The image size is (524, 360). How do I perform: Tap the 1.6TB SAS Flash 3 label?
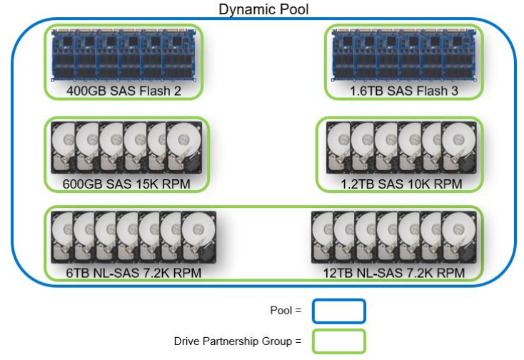[x=404, y=91]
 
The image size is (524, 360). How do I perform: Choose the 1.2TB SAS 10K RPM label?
[x=401, y=184]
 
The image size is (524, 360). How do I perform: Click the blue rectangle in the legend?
[x=338, y=311]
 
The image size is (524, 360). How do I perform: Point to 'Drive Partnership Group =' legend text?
[x=238, y=341]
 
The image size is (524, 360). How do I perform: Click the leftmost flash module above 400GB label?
[x=64, y=56]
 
